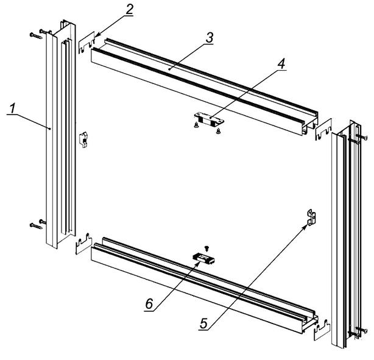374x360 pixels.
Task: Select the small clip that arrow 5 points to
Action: [x=312, y=216]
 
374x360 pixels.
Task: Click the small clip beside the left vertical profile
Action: [x=85, y=139]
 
